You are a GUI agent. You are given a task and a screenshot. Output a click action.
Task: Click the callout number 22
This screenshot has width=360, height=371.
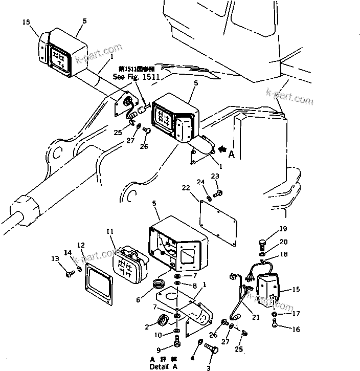pyautogui.click(x=186, y=189)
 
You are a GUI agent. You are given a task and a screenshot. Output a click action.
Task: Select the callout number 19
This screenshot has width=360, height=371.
pyautogui.click(x=283, y=229)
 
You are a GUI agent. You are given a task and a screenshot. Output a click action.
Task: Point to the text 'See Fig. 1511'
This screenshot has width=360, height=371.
pyautogui.click(x=137, y=77)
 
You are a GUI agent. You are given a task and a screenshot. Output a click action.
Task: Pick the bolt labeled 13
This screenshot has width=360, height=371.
pyautogui.click(x=70, y=274)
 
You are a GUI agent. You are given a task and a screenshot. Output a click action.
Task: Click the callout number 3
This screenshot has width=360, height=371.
pyautogui.click(x=208, y=367)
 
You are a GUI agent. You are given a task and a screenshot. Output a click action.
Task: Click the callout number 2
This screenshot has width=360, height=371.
pyautogui.click(x=147, y=326)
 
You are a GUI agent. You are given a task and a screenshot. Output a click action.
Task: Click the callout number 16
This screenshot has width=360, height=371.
pyautogui.click(x=296, y=330)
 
